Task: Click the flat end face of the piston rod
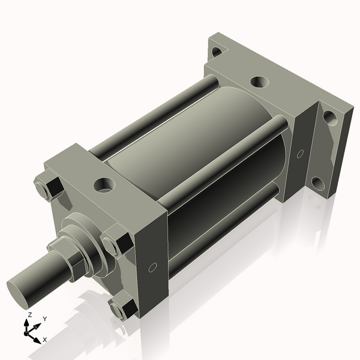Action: [x=22, y=290]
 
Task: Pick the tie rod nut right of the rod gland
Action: [x=115, y=244]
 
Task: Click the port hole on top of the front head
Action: [x=106, y=183]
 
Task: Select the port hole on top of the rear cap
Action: [x=258, y=82]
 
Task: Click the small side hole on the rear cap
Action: [x=300, y=154]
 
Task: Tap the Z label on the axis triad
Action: [x=29, y=314]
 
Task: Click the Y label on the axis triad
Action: [x=45, y=319]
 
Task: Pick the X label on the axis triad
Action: [x=46, y=340]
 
